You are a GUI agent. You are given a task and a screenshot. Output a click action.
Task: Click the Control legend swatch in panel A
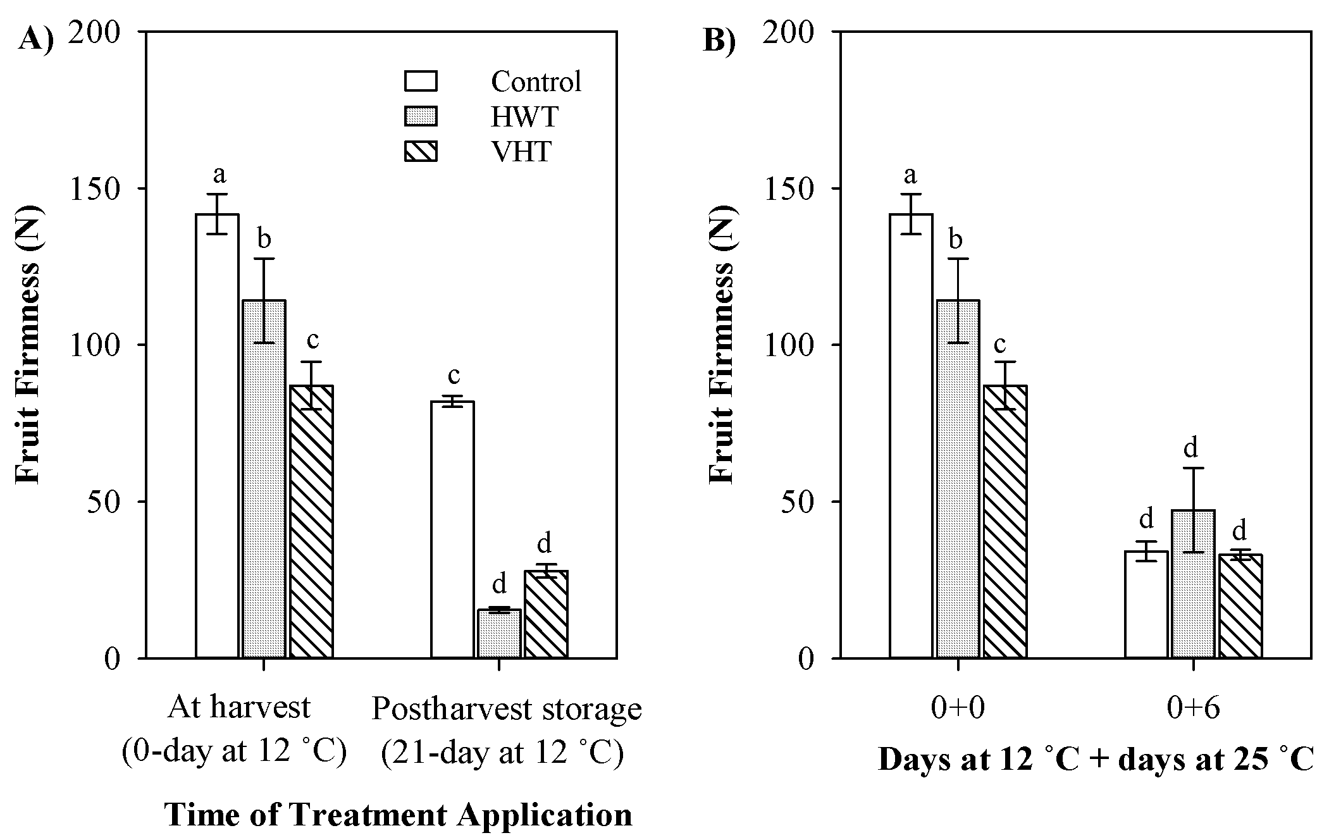point(421,82)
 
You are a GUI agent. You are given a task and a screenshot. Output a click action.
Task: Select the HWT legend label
point(524,117)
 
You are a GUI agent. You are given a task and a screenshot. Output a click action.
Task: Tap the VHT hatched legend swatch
point(421,152)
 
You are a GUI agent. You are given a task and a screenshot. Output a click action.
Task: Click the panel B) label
point(720,41)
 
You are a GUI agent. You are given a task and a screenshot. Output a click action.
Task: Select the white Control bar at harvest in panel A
point(217,436)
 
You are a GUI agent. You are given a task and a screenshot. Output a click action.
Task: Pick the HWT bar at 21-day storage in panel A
point(499,634)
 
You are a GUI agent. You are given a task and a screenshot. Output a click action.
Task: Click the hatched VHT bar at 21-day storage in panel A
point(546,615)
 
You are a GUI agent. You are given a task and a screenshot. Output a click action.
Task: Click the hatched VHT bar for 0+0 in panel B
point(1005,522)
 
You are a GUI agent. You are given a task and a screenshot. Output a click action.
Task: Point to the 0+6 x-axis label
point(1193,709)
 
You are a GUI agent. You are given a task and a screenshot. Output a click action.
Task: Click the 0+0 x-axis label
point(958,709)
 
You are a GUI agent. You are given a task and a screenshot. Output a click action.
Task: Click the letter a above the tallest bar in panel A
point(219,174)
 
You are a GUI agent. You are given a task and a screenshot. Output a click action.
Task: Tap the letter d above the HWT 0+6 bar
point(1191,447)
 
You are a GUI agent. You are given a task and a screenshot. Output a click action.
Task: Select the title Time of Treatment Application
point(399,814)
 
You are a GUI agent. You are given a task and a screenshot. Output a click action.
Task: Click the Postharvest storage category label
point(506,709)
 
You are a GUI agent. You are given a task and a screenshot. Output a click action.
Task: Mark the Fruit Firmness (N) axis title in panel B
point(720,345)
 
